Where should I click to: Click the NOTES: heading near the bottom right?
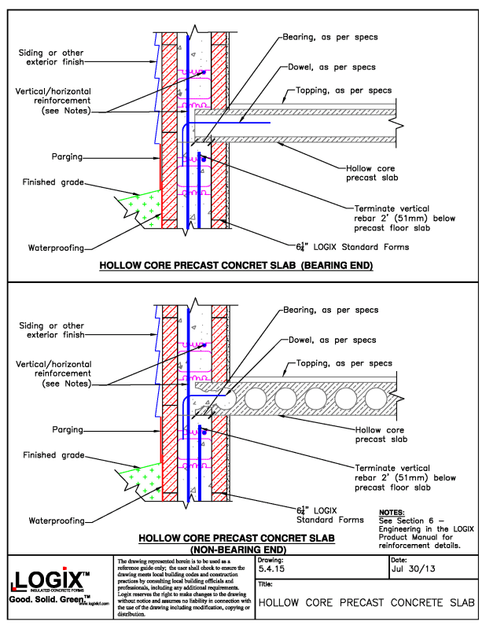(x=392, y=512)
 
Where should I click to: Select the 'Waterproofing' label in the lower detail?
(x=56, y=520)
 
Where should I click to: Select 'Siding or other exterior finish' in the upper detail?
(x=51, y=57)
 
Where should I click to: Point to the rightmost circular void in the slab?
(x=372, y=399)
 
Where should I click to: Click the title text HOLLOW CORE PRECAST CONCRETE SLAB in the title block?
(x=366, y=603)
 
